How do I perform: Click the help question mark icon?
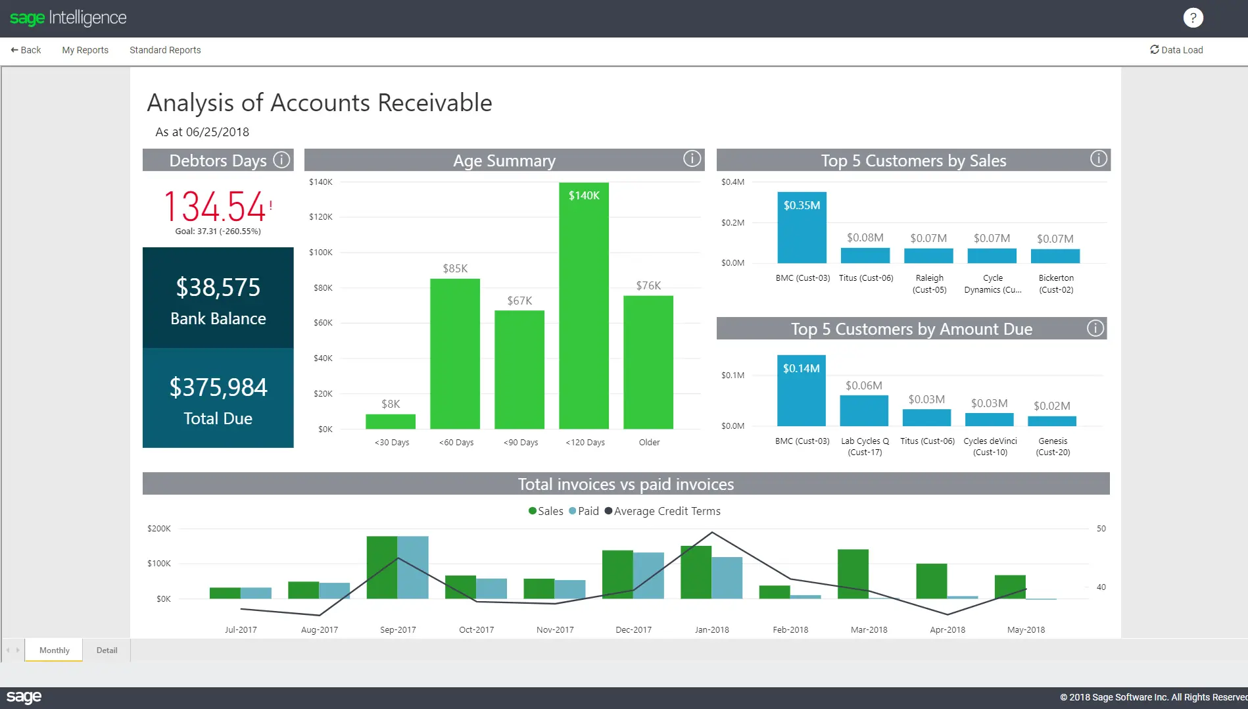pyautogui.click(x=1193, y=18)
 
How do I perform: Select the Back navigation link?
pyautogui.click(x=26, y=50)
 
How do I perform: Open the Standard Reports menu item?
pyautogui.click(x=165, y=50)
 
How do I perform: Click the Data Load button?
pyautogui.click(x=1176, y=50)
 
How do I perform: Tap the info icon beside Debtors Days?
pyautogui.click(x=281, y=160)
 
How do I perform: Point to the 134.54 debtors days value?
pyautogui.click(x=215, y=207)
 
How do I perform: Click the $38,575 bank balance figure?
pyautogui.click(x=218, y=287)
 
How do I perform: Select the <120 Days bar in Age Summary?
pyautogui.click(x=584, y=309)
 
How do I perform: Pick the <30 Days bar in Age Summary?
pyautogui.click(x=391, y=422)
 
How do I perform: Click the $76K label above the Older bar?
pyautogui.click(x=648, y=285)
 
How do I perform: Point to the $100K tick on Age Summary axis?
pyautogui.click(x=321, y=253)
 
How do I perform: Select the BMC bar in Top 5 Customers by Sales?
pyautogui.click(x=802, y=230)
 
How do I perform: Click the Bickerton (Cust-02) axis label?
pyautogui.click(x=1056, y=283)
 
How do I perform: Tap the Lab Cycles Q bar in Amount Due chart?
pyautogui.click(x=864, y=411)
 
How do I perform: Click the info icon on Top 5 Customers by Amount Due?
pyautogui.click(x=1095, y=328)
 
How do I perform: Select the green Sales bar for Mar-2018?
pyautogui.click(x=853, y=574)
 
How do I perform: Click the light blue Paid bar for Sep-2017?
pyautogui.click(x=413, y=567)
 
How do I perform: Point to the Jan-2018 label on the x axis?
pyautogui.click(x=711, y=629)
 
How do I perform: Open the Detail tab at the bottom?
pyautogui.click(x=107, y=650)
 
